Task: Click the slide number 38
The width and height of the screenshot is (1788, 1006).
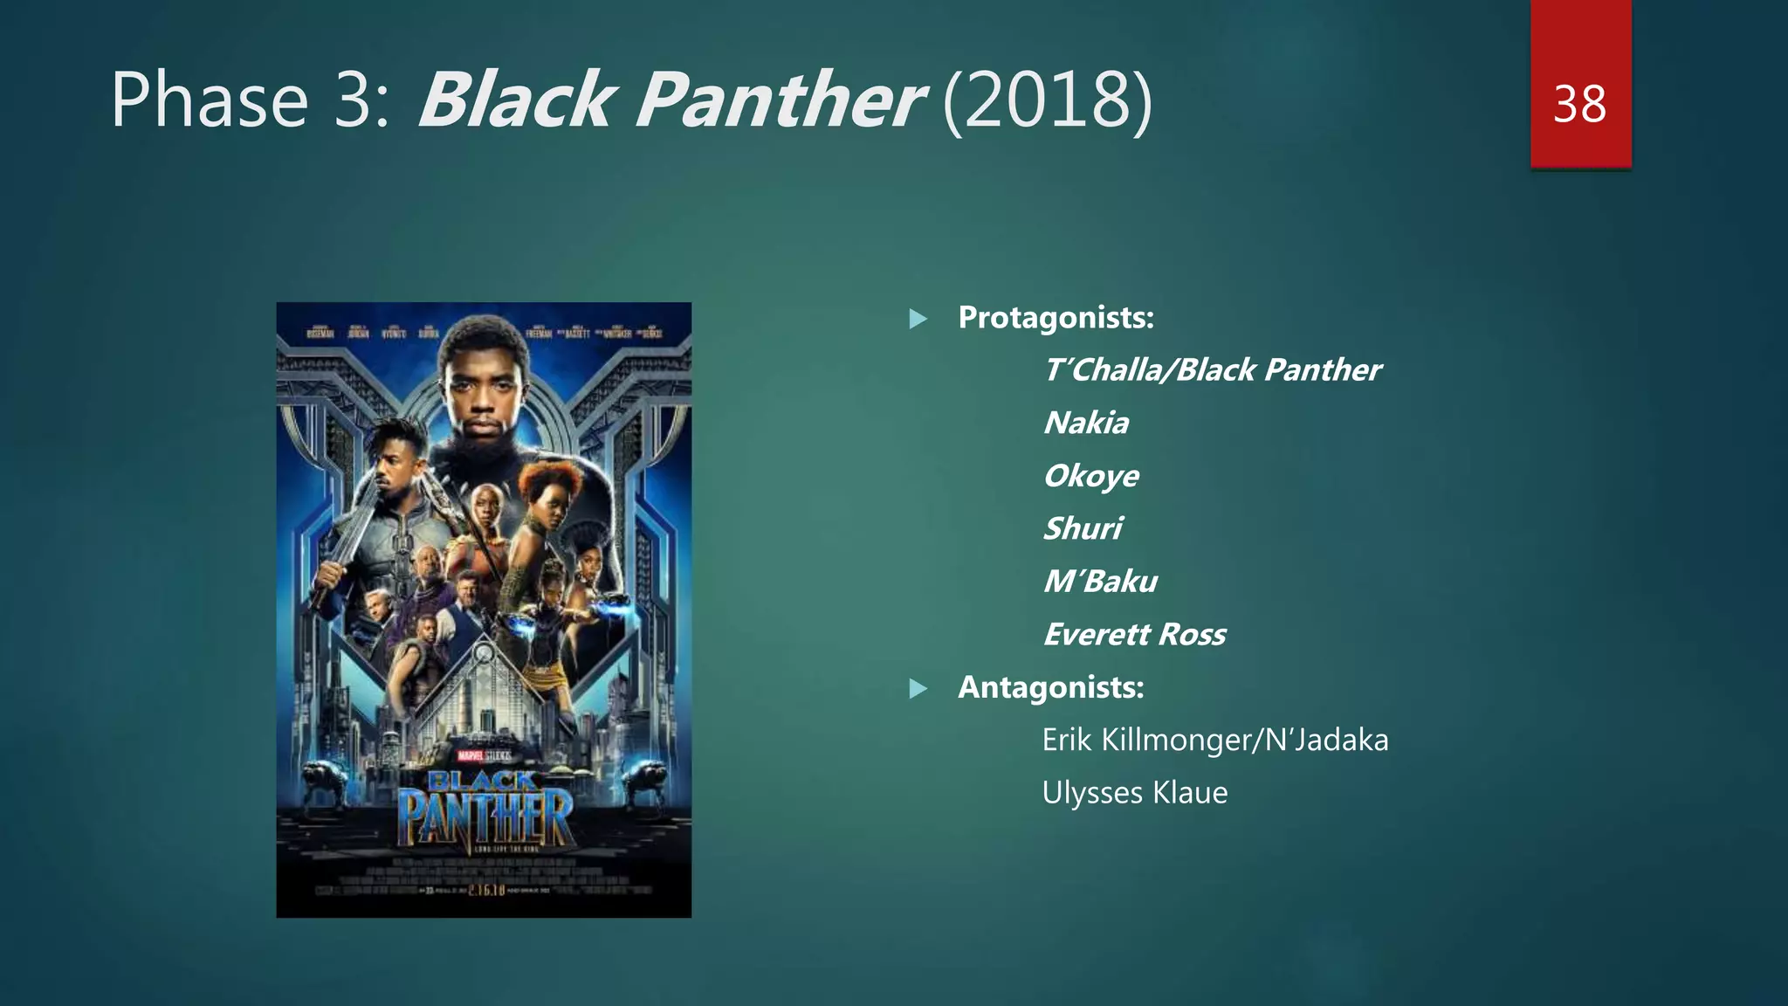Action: (1579, 105)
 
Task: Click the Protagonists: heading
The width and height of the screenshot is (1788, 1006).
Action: (1056, 318)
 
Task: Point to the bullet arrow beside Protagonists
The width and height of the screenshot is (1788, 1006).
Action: (918, 319)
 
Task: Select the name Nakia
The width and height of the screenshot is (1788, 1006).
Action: (1086, 424)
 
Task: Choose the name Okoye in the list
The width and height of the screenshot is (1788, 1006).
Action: (1091, 476)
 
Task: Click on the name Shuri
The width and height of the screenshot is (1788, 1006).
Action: (1083, 529)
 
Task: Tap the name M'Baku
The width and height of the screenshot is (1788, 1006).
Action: (1100, 582)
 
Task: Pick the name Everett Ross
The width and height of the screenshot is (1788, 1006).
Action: (1135, 635)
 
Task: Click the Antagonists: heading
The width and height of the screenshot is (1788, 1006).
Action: (1051, 688)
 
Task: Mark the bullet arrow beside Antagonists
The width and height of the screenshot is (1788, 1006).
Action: (918, 689)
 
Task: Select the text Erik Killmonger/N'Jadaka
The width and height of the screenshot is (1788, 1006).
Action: (1214, 741)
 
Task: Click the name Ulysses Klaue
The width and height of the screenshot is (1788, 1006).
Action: (1135, 793)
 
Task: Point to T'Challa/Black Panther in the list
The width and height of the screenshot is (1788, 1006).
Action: (1212, 370)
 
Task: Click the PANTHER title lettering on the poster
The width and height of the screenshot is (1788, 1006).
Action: (485, 817)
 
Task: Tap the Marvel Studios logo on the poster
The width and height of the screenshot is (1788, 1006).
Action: (484, 754)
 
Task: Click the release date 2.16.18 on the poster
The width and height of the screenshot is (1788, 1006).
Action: (486, 890)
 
